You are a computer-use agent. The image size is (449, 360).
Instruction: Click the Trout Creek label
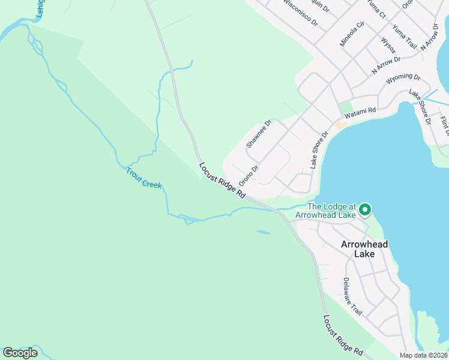point(143,178)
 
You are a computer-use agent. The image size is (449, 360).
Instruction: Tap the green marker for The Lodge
point(364,210)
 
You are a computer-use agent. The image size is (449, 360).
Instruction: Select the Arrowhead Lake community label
point(364,249)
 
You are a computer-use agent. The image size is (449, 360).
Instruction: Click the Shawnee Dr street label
point(259,134)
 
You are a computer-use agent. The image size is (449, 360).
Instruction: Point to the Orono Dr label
point(248,175)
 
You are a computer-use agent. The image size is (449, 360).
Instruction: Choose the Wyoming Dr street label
point(403,77)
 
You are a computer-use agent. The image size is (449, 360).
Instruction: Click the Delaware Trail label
point(354,298)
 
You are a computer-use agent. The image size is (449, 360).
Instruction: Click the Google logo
point(20,353)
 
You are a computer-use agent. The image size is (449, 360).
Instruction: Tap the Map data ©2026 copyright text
point(424,355)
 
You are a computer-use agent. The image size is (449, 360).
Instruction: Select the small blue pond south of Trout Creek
point(262,232)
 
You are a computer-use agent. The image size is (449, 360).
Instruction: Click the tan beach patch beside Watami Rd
point(341,125)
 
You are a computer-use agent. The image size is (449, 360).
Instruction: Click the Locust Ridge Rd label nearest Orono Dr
point(223,180)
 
